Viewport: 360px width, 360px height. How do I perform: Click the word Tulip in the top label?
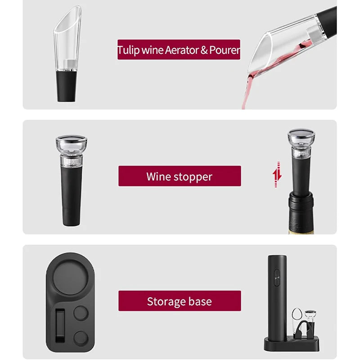pyautogui.click(x=128, y=50)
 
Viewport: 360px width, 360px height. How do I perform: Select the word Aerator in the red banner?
pyautogui.click(x=180, y=50)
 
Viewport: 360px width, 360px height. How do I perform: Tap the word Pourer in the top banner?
pyautogui.click(x=224, y=50)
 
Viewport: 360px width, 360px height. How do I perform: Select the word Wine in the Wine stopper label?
pyautogui.click(x=158, y=176)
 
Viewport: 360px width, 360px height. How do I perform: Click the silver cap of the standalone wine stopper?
pyautogui.click(x=71, y=143)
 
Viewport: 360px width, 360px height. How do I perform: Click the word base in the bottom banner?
pyautogui.click(x=200, y=301)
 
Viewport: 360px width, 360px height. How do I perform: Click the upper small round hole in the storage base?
pyautogui.click(x=81, y=313)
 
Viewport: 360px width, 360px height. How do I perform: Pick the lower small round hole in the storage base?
pyautogui.click(x=81, y=338)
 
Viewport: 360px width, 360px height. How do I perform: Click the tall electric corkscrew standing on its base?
pyautogui.click(x=276, y=292)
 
